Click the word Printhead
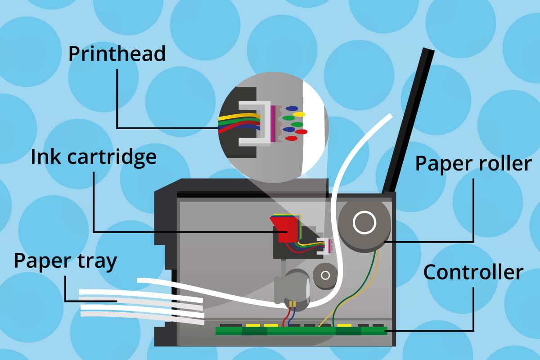pyautogui.click(x=117, y=54)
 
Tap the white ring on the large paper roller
pyautogui.click(x=364, y=223)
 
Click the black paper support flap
pyautogui.click(x=407, y=121)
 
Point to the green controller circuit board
pyautogui.click(x=301, y=331)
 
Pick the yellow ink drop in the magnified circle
pyautogui.click(x=299, y=114)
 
